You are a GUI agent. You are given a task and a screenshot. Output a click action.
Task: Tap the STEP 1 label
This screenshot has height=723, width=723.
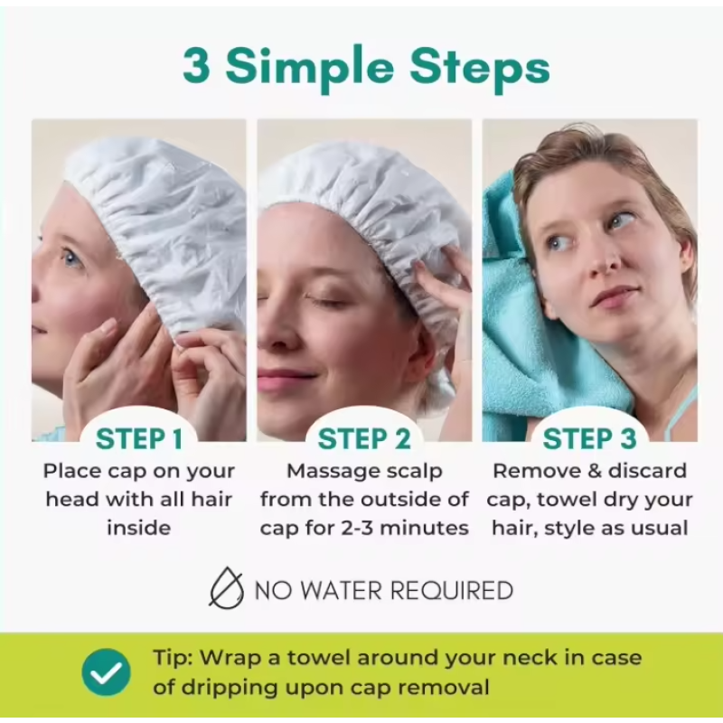(x=139, y=439)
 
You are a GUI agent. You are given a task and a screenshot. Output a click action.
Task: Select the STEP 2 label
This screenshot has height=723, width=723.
(x=364, y=439)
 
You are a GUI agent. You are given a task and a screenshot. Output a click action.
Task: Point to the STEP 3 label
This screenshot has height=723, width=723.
(x=589, y=439)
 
